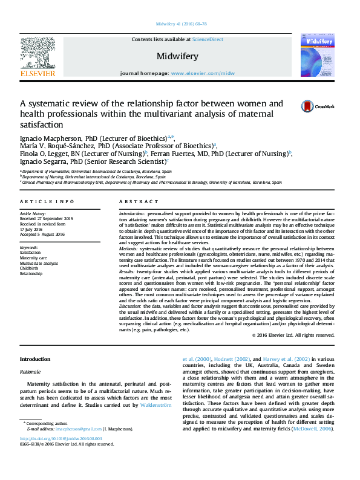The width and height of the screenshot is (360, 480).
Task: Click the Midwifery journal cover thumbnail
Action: tap(317, 56)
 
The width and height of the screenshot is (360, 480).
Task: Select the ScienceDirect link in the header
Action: tap(208, 39)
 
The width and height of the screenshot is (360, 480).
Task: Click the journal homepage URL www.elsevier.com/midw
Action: tap(203, 73)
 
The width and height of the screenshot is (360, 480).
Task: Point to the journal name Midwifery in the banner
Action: tap(177, 56)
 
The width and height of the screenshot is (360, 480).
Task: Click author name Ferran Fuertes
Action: tap(194, 154)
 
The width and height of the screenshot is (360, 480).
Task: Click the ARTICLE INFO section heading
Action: tap(47, 201)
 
